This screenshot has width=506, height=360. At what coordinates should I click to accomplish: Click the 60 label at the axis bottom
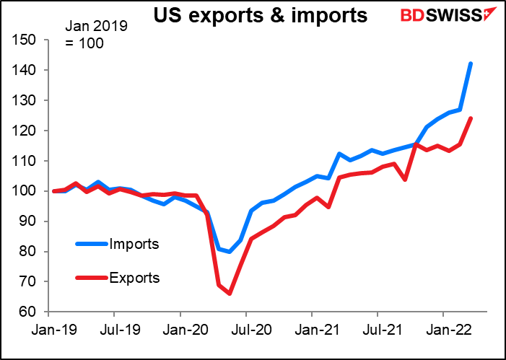pos(29,312)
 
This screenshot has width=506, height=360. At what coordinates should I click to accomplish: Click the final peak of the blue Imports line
pos(471,63)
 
